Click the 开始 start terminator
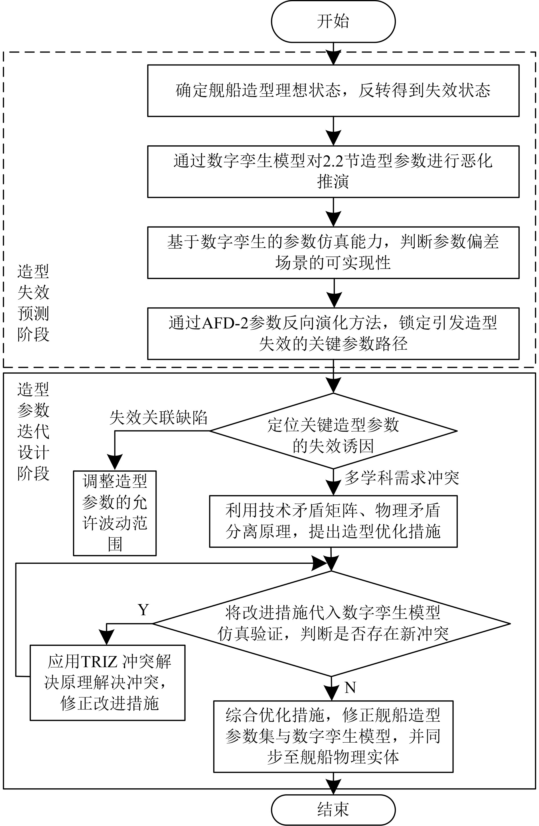click(x=333, y=21)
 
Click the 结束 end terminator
click(x=333, y=809)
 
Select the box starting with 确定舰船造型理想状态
click(x=333, y=91)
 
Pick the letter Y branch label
click(x=143, y=610)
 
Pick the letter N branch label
click(x=350, y=687)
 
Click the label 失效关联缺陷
click(x=158, y=418)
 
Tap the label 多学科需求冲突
click(x=401, y=478)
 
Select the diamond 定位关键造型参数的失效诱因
click(x=333, y=431)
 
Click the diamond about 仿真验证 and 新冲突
click(x=331, y=624)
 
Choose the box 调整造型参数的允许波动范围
click(x=115, y=513)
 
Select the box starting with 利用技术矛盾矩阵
click(x=333, y=521)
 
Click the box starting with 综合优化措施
click(x=333, y=736)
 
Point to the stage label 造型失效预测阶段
click(x=33, y=303)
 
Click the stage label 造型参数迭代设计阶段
click(x=33, y=431)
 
